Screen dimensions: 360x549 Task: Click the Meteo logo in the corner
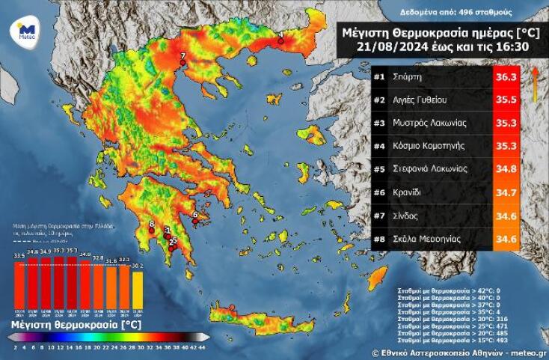[x=23, y=32]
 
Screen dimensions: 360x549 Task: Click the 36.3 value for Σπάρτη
[x=506, y=77]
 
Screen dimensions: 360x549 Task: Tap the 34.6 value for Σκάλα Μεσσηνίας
[x=506, y=239]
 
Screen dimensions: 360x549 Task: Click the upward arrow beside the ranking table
[x=536, y=81]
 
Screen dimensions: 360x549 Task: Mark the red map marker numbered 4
[x=280, y=41]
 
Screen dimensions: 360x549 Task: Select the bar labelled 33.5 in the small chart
[x=19, y=284]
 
